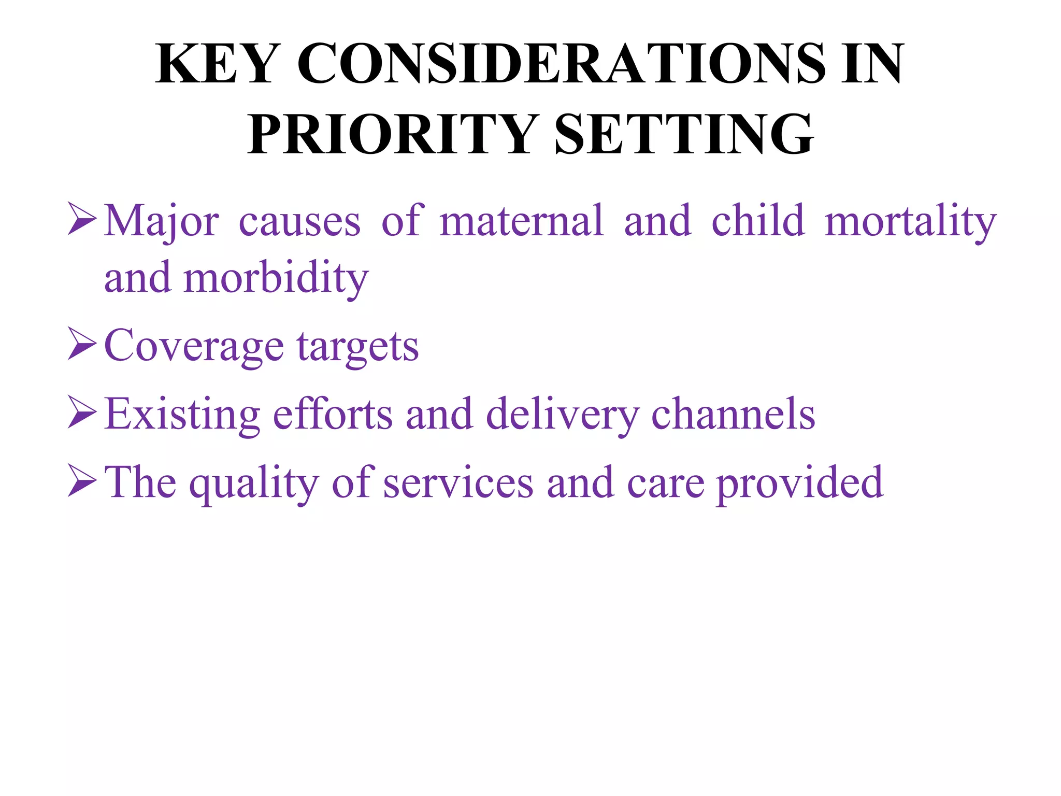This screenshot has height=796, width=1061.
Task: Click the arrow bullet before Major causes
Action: (x=82, y=220)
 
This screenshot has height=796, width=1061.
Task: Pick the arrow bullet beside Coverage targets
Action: (x=82, y=346)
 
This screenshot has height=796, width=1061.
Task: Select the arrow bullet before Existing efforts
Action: (x=82, y=414)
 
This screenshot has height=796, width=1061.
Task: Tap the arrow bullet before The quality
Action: (x=82, y=482)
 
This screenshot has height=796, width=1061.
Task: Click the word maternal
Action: (x=522, y=221)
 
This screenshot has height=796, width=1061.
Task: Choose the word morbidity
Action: (x=276, y=278)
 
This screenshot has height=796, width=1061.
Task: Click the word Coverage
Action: (x=194, y=346)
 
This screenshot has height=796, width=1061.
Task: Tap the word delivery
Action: (x=563, y=415)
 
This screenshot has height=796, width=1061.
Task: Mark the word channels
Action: (x=733, y=414)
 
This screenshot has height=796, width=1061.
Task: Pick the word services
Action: (x=458, y=484)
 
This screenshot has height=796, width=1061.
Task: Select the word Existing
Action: (x=182, y=415)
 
